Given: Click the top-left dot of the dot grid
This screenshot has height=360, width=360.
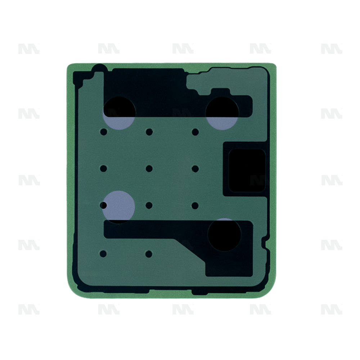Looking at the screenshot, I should pyautogui.click(x=104, y=132).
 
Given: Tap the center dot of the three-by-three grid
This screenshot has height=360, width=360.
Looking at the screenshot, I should pyautogui.click(x=149, y=168).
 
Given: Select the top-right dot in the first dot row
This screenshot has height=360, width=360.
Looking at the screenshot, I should pyautogui.click(x=195, y=132).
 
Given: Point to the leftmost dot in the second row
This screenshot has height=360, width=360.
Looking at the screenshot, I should pyautogui.click(x=104, y=168).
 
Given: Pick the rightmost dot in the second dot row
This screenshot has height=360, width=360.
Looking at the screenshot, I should pyautogui.click(x=195, y=168).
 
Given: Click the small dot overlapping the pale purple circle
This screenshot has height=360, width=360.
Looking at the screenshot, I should pyautogui.click(x=104, y=206).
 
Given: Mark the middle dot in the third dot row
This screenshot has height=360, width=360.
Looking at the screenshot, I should pyautogui.click(x=149, y=206).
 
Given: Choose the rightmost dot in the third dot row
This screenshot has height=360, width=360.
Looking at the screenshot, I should pyautogui.click(x=195, y=206).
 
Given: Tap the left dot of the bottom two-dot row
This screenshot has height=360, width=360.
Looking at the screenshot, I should pyautogui.click(x=103, y=254).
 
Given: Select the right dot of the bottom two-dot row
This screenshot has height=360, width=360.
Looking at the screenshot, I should pyautogui.click(x=149, y=254).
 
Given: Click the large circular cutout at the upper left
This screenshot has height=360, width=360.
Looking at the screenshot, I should pyautogui.click(x=119, y=113).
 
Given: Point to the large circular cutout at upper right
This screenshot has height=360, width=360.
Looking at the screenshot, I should pyautogui.click(x=222, y=113).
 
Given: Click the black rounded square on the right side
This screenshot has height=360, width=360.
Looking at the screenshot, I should pyautogui.click(x=247, y=171).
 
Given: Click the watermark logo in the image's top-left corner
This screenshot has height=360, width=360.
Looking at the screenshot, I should pyautogui.click(x=29, y=49).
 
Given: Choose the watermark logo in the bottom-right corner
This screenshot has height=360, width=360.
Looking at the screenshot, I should pyautogui.click(x=332, y=309).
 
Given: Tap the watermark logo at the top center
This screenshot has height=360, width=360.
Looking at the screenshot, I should pyautogui.click(x=183, y=49).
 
